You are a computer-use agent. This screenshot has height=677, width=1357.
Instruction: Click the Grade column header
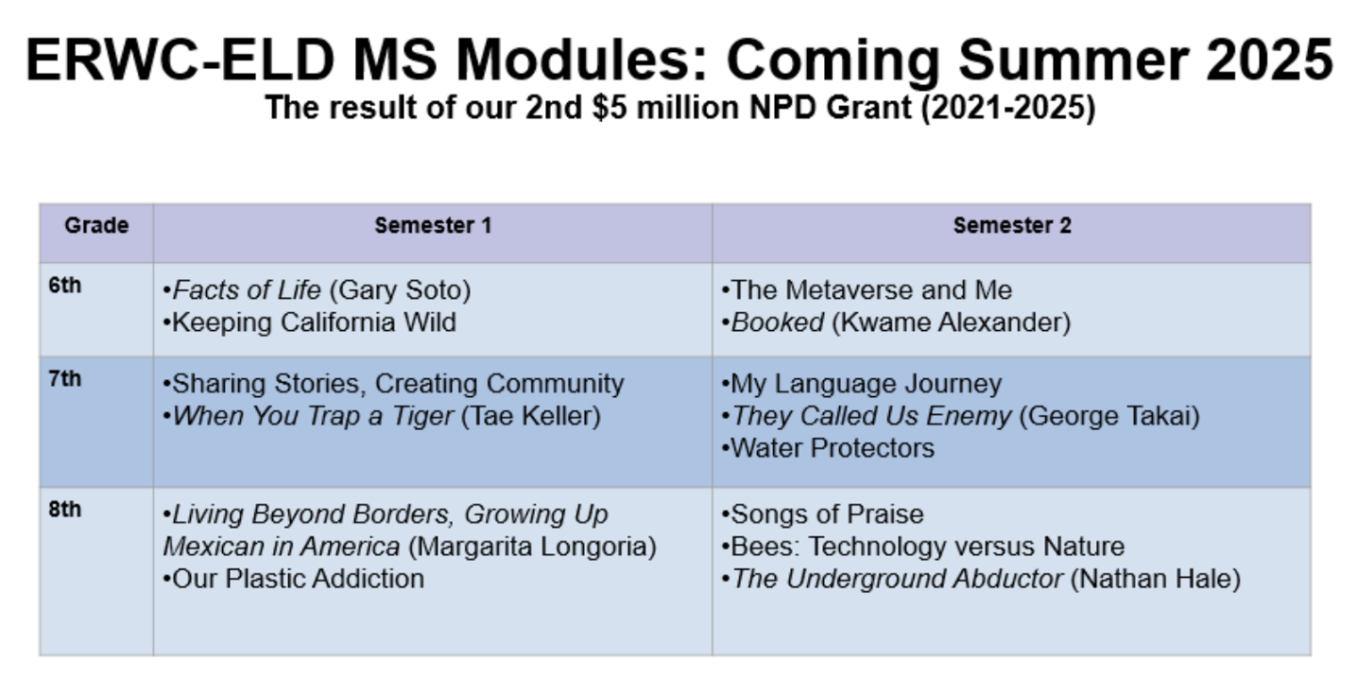point(95,226)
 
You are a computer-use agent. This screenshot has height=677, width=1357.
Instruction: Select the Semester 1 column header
point(432,226)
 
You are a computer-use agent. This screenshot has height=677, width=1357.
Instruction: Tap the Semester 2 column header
point(1011,226)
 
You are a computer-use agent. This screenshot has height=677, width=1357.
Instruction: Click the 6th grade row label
point(65,286)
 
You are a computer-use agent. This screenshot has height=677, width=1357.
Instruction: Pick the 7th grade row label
point(65,379)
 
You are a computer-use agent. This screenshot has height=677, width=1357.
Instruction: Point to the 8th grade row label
point(65,510)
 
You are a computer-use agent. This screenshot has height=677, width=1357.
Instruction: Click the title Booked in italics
point(777,322)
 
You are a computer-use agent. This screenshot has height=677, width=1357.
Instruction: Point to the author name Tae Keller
point(530,416)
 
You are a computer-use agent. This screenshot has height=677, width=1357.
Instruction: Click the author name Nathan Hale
point(1155,579)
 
